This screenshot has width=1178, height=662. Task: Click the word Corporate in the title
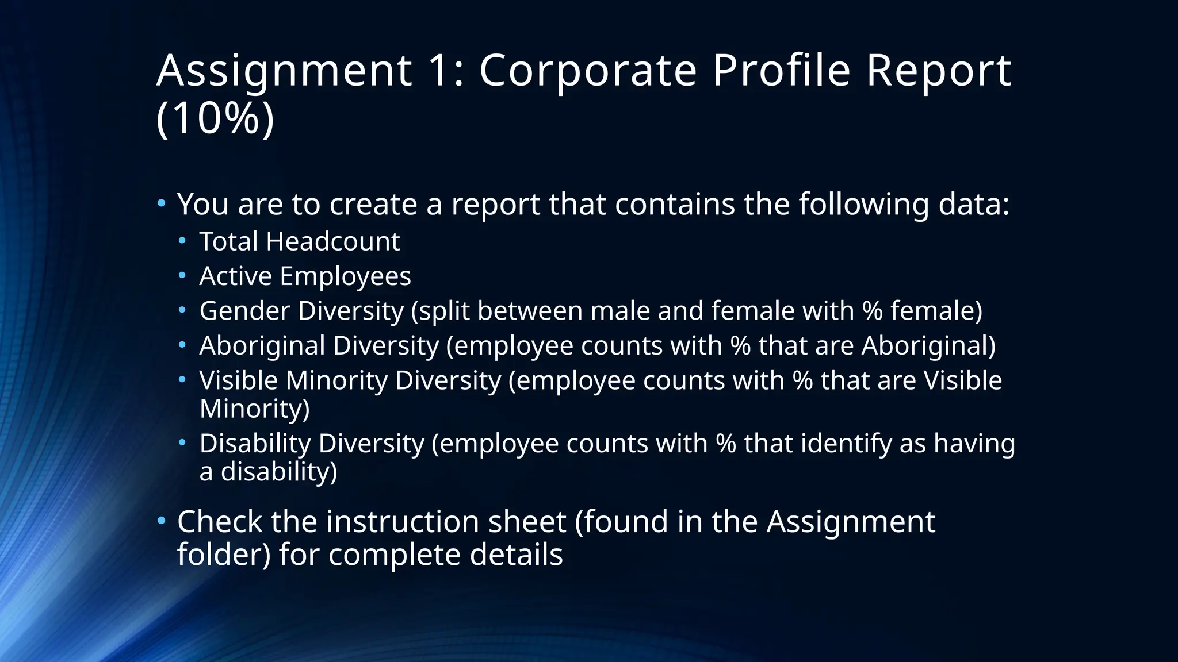point(588,71)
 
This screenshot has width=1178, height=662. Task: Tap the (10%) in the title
point(215,118)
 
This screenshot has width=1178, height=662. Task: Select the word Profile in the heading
point(781,71)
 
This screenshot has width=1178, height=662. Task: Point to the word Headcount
point(332,241)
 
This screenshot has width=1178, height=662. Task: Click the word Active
point(235,276)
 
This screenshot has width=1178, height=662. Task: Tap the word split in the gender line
point(444,311)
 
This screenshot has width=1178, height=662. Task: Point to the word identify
point(846,444)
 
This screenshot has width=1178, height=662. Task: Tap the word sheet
point(527,522)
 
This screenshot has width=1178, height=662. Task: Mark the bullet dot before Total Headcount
point(182,240)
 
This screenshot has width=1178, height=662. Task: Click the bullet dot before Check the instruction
point(162,521)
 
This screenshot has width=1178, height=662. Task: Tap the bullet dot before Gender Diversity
point(182,310)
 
